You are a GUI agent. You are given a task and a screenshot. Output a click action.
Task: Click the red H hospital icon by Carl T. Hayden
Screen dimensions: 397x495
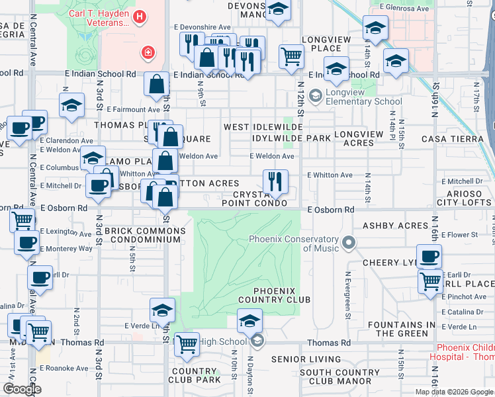(x=139, y=17)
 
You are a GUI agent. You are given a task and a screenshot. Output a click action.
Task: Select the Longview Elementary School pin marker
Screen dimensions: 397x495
(x=315, y=95)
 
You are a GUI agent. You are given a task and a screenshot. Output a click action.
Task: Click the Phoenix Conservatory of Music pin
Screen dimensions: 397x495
(x=349, y=243)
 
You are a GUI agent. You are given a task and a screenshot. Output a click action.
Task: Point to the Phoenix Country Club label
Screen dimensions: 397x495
(x=282, y=295)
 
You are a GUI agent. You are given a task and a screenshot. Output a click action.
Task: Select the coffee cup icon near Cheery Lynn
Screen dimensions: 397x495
(x=429, y=256)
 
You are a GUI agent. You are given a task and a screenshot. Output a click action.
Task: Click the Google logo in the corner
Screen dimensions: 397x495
(x=21, y=389)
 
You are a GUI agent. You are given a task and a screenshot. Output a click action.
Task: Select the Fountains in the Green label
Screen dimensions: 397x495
(x=402, y=329)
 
